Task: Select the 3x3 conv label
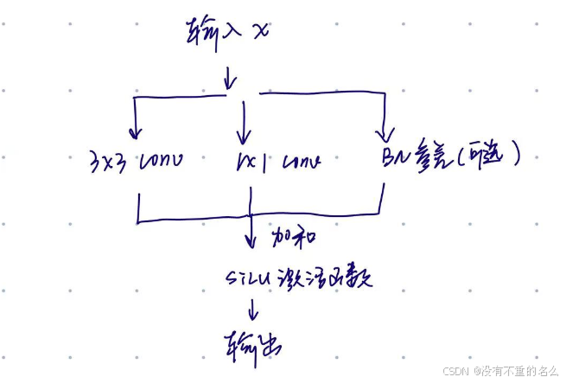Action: pyautogui.click(x=135, y=161)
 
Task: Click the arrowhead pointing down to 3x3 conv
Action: pyautogui.click(x=135, y=133)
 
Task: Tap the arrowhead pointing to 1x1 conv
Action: pyautogui.click(x=244, y=138)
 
